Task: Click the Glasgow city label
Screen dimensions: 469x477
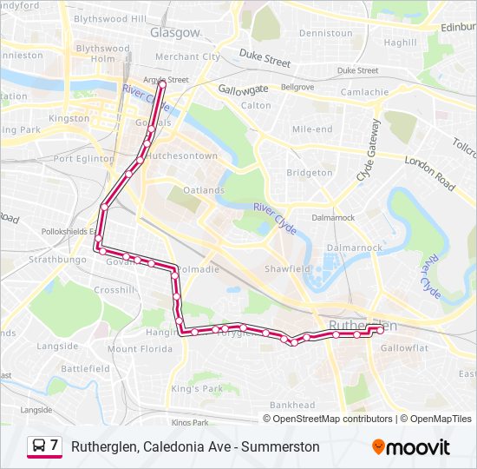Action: (174, 32)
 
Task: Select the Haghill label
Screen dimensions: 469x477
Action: (400, 42)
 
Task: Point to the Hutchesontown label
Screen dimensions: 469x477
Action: (181, 155)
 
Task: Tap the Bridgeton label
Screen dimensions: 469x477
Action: (310, 173)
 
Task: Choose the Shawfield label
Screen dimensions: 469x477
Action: (287, 269)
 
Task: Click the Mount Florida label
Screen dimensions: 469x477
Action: (134, 348)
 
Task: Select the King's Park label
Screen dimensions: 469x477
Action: (198, 388)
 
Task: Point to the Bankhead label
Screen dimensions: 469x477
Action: (292, 405)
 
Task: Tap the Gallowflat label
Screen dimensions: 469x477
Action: (404, 347)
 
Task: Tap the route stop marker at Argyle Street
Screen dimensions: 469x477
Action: (161, 84)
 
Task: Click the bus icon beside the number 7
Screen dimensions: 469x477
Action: (39, 446)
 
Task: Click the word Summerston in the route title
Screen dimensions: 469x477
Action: (280, 446)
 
